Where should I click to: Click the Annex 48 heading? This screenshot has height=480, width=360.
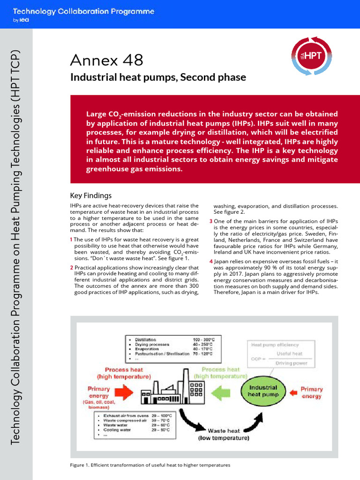[106, 60]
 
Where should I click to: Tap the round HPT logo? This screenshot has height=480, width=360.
[310, 55]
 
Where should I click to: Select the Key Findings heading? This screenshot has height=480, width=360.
[91, 195]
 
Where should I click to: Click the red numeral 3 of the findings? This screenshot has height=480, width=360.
[211, 221]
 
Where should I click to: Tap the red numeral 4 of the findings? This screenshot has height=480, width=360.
[211, 261]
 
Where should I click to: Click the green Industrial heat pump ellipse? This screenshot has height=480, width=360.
[263, 391]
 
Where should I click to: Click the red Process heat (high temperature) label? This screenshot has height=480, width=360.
[124, 373]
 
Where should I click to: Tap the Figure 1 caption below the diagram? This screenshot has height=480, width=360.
[150, 465]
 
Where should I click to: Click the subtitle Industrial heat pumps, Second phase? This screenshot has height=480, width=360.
[158, 77]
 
